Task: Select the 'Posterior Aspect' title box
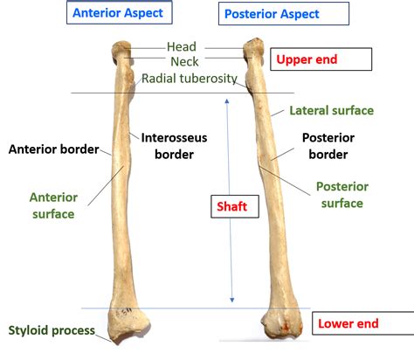[x=272, y=14]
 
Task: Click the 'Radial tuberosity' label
[x=190, y=79]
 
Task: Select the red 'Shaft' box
[x=233, y=207]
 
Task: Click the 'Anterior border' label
[x=52, y=149]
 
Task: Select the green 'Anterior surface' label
[x=52, y=204]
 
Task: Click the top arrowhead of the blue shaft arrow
[x=229, y=100]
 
